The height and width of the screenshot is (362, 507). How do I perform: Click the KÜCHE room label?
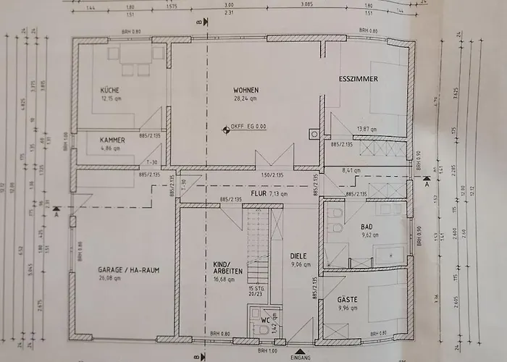pos(110,90)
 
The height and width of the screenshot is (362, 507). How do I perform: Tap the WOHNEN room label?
pos(246,90)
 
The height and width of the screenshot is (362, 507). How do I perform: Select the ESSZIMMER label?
pos(359,77)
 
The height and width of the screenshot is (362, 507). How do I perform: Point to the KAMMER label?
pos(114,140)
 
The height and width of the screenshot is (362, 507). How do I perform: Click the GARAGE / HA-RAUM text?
pos(129,270)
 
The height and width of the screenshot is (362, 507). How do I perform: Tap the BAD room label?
pos(367,227)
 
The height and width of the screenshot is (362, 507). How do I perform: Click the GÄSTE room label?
pos(348,298)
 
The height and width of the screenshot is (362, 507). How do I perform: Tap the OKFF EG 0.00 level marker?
pos(247,126)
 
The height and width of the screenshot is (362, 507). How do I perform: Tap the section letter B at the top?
pos(197,22)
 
